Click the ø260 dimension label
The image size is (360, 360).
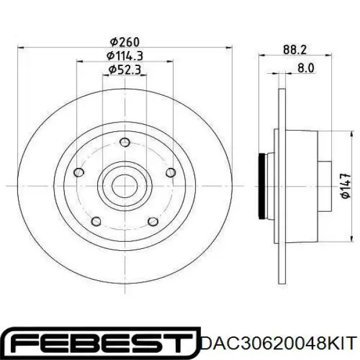pos(124,42)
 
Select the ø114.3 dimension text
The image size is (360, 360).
pos(124,56)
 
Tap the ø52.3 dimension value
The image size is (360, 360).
pos(124,70)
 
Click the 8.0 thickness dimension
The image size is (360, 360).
pos(305,68)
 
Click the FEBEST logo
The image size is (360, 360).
pos(100,343)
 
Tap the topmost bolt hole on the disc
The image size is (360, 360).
pos(125,142)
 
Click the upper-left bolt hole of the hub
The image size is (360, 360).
pos(78,173)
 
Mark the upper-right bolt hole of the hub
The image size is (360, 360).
pos(171,173)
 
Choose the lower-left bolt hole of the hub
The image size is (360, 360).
pos(96,222)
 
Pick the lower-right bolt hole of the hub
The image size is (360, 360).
pos(154,222)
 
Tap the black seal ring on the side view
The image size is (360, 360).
pos(262,185)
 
